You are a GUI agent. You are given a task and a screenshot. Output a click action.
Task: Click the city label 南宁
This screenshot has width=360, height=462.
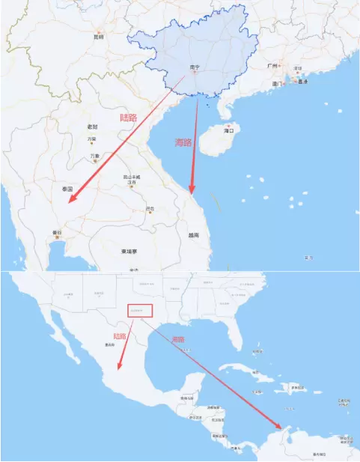[x=195, y=67]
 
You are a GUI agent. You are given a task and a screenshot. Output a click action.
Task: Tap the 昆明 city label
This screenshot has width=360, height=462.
[x=98, y=36]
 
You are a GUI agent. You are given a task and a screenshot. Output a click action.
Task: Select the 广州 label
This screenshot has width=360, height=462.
[x=272, y=66]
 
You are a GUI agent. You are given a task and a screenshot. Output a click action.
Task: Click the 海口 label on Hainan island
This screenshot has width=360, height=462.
[x=230, y=130]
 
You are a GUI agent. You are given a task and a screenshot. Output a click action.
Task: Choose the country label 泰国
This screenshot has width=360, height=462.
[x=56, y=190]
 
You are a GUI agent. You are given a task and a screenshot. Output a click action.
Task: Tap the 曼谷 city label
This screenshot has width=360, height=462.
[x=56, y=234]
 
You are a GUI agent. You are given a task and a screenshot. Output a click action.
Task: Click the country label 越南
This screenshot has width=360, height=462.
[x=194, y=234]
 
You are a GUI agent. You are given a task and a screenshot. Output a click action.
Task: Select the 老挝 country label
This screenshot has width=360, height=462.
[x=92, y=127]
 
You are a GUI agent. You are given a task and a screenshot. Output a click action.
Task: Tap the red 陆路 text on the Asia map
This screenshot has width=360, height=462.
[x=129, y=118]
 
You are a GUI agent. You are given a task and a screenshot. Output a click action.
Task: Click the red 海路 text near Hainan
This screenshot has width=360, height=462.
[x=183, y=142]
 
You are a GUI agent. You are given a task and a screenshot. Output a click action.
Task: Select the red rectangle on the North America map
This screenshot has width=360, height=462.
[x=140, y=308]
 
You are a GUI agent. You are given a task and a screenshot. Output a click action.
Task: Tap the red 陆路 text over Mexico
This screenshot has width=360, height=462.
[x=118, y=336]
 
